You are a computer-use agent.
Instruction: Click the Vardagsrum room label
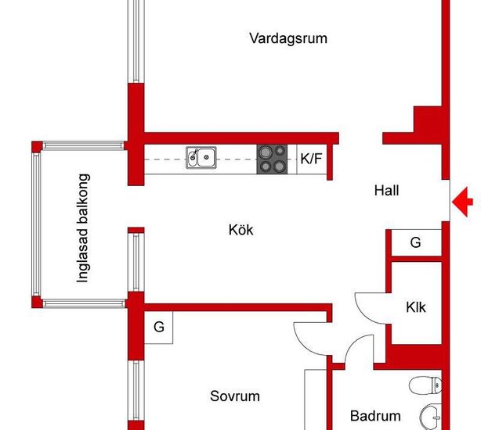click(288, 39)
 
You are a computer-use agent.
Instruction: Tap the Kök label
click(240, 230)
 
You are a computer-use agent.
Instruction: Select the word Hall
click(386, 190)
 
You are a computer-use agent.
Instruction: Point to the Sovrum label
click(235, 396)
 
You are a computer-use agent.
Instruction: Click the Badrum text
click(375, 416)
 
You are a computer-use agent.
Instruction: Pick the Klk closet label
click(416, 307)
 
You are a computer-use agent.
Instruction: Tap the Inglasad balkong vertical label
click(83, 228)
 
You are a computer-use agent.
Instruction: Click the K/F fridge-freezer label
click(311, 159)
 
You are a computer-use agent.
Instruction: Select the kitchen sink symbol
click(201, 158)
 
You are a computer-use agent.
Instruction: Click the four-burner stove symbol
click(272, 159)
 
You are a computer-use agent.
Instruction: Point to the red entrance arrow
click(462, 202)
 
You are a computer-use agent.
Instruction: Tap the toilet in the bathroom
click(426, 385)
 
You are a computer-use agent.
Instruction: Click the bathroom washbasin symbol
click(431, 417)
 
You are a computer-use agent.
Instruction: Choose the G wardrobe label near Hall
click(415, 242)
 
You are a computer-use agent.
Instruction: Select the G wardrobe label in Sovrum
click(159, 327)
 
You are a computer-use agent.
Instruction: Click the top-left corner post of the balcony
click(37, 147)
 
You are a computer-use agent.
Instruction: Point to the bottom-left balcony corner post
click(37, 302)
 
